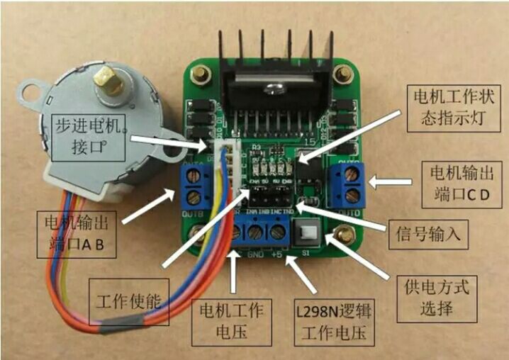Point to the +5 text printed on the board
pyautogui.click(x=277, y=254)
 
